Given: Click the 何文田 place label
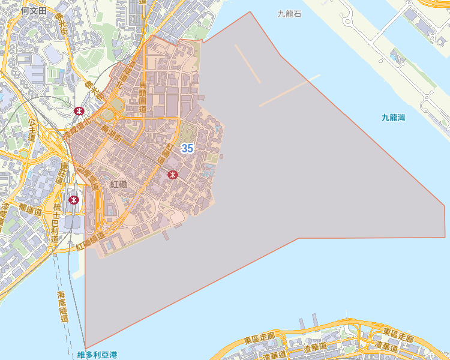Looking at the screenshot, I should (33, 10).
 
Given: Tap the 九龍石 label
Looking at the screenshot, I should (289, 13).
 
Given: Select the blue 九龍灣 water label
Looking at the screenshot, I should (393, 118).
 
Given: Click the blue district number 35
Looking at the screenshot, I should (187, 148).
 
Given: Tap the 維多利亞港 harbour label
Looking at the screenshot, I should (97, 355).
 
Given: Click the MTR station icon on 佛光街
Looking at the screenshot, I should (79, 110).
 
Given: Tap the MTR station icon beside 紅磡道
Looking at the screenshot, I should (173, 175).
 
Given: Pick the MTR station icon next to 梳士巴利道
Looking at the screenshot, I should (74, 200).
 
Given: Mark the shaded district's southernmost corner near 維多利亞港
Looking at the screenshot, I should (85, 348).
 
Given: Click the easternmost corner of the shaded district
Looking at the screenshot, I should (445, 206).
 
